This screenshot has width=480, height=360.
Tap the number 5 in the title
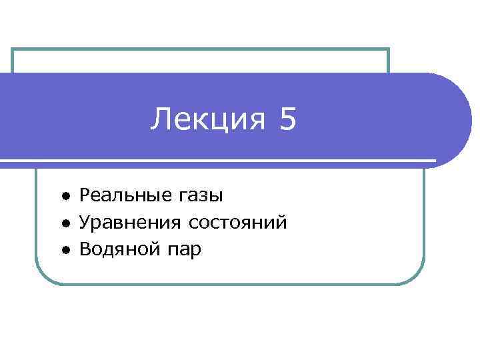click(287, 120)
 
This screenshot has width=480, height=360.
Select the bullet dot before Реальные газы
click(67, 196)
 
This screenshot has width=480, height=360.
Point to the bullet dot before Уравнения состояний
click(67, 223)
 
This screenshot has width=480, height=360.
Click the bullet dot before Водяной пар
click(67, 251)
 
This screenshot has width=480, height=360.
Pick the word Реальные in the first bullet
click(126, 195)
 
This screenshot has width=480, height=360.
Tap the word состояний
click(238, 223)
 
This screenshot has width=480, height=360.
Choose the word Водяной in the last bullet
click(118, 250)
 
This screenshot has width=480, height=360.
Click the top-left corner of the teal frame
click(13, 50)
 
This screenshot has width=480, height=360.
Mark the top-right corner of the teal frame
click(387, 50)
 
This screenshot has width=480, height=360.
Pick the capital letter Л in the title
click(159, 121)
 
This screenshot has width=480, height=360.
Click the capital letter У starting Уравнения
click(85, 223)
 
